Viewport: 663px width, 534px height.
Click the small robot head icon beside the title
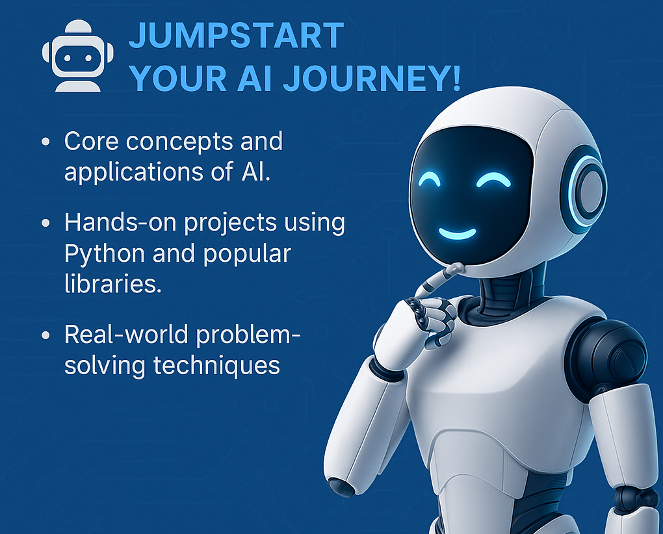click(78, 56)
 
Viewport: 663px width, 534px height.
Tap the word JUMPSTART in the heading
click(237, 36)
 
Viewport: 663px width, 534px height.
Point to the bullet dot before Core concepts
click(46, 142)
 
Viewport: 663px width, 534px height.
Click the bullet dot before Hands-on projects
click(46, 223)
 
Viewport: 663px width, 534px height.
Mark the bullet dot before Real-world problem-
click(46, 335)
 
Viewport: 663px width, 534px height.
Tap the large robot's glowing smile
click(457, 233)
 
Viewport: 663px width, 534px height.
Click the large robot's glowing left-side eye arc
click(429, 181)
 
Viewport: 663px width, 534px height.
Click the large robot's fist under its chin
click(432, 317)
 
